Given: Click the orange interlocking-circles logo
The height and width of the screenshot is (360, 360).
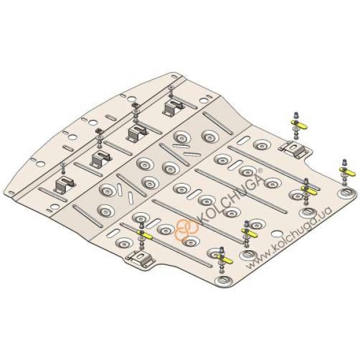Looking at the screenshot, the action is tap(187, 229).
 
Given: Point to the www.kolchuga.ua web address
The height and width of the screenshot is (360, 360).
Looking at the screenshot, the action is tap(290, 238).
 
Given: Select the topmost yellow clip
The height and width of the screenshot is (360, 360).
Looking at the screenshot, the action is tap(299, 125).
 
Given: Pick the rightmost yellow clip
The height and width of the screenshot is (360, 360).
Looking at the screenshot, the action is tap(347, 171).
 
